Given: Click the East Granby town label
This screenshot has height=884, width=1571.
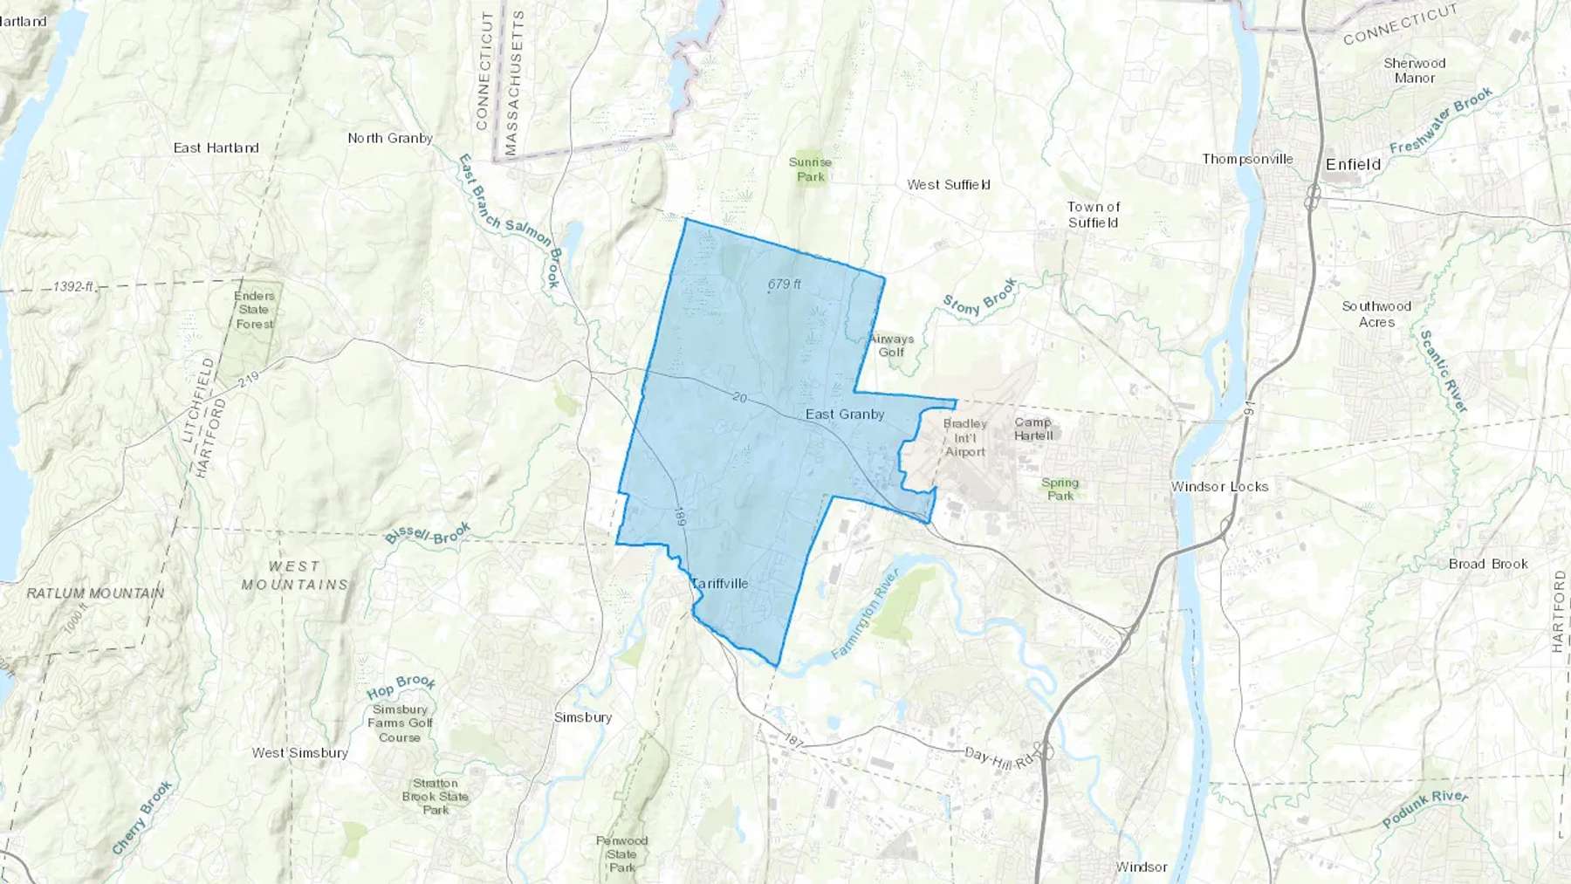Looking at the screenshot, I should (x=845, y=415).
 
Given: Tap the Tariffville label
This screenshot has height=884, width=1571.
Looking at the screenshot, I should (x=720, y=583).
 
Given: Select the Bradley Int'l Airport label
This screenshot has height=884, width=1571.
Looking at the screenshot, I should (x=964, y=437).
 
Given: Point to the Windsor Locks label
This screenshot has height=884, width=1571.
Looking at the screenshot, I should (x=1219, y=487).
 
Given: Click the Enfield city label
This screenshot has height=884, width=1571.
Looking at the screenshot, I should (x=1353, y=164).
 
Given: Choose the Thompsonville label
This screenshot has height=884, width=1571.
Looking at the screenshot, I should (x=1247, y=159).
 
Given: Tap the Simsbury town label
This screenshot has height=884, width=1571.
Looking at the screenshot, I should (x=583, y=717).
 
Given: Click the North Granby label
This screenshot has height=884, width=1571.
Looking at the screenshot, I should (x=390, y=138).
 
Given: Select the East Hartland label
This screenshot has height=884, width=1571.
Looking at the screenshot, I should (x=216, y=147).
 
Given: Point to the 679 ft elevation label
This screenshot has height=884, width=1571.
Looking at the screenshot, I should (x=784, y=284).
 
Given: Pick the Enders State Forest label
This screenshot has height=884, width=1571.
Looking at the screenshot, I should (x=254, y=310).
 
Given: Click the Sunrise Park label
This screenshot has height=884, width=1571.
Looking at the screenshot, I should (x=810, y=169).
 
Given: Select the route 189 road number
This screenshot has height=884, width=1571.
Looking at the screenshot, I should (x=680, y=517).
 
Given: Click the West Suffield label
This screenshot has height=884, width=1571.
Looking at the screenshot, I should (x=948, y=184).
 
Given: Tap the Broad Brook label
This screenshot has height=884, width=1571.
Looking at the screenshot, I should (x=1488, y=564).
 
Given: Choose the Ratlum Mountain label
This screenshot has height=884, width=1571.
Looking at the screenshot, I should (x=95, y=593).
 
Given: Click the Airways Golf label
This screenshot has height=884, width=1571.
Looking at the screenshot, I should (x=891, y=346).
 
